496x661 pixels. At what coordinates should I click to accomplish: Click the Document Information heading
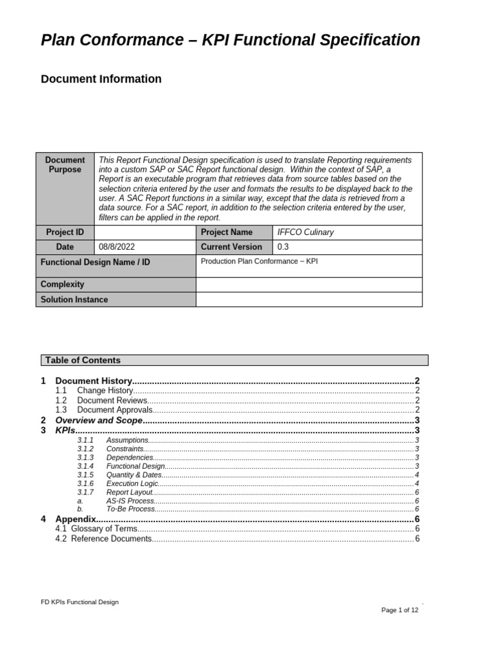pyautogui.click(x=101, y=79)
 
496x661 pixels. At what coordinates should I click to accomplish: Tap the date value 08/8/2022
pyautogui.click(x=117, y=247)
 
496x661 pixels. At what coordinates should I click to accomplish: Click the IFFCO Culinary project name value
pyautogui.click(x=305, y=232)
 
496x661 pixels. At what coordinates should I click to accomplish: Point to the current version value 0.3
pyautogui.click(x=284, y=247)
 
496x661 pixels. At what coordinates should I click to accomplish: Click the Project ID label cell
pyautogui.click(x=65, y=232)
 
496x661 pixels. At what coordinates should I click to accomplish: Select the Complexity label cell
pyautogui.click(x=63, y=285)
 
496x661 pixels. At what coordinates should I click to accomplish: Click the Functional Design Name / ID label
pyautogui.click(x=95, y=263)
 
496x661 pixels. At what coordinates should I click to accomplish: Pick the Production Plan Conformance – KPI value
pyautogui.click(x=259, y=262)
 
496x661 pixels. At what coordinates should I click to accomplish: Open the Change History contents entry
pyautogui.click(x=105, y=391)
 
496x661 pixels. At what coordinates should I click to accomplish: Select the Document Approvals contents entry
pyautogui.click(x=114, y=410)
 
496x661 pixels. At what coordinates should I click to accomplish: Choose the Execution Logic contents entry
pyautogui.click(x=132, y=483)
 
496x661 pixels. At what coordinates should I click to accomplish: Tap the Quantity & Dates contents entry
pyautogui.click(x=134, y=474)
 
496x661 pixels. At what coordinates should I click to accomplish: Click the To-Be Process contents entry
pyautogui.click(x=130, y=509)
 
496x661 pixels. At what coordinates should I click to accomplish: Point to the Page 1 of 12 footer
pyautogui.click(x=400, y=610)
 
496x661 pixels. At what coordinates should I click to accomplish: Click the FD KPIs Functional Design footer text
pyautogui.click(x=79, y=602)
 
